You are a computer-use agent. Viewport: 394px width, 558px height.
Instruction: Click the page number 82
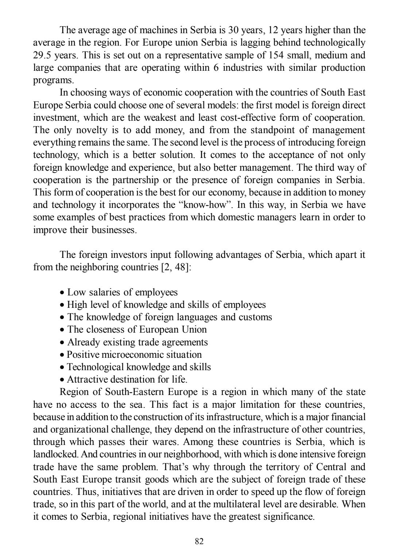[x=199, y=541]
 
